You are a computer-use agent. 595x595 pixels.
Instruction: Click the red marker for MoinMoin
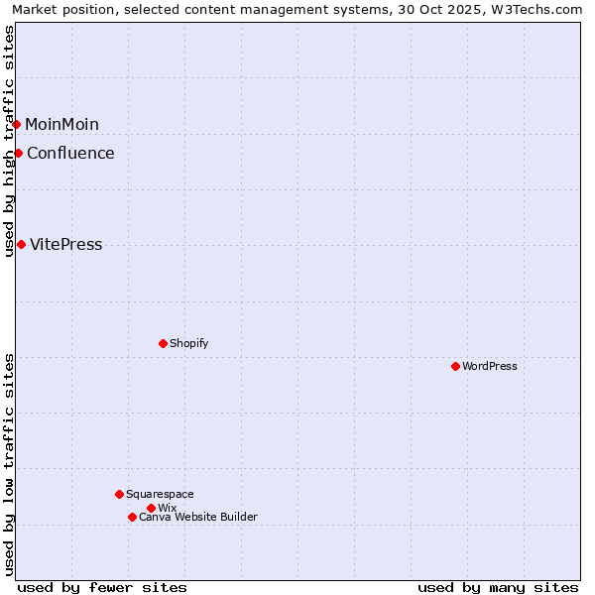click(x=17, y=124)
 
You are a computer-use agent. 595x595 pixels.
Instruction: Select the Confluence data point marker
click(x=18, y=153)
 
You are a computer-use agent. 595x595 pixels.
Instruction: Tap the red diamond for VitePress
click(x=21, y=244)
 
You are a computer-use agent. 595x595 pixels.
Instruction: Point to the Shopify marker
click(x=163, y=343)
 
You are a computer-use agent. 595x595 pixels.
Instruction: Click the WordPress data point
click(x=455, y=366)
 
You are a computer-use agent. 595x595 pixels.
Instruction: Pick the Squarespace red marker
click(x=119, y=494)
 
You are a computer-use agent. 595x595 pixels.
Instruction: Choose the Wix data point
click(x=151, y=508)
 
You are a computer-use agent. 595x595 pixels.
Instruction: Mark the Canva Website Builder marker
click(x=132, y=517)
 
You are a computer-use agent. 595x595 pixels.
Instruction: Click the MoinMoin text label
click(x=61, y=124)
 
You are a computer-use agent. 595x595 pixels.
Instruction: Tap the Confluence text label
click(x=70, y=153)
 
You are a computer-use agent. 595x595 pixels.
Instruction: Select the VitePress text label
click(x=65, y=244)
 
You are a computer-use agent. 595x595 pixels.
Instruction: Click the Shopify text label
click(x=188, y=343)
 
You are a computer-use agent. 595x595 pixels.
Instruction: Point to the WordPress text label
click(x=490, y=366)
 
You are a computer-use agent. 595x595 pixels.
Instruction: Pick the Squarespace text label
click(x=160, y=494)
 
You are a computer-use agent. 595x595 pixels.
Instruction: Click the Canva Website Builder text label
click(x=197, y=517)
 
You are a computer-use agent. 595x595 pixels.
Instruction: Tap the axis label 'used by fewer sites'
click(x=102, y=587)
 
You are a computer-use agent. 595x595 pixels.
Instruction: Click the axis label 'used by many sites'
click(x=498, y=587)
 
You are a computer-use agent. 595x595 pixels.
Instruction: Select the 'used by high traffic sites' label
click(x=9, y=141)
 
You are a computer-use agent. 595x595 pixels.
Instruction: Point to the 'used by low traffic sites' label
click(x=9, y=464)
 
